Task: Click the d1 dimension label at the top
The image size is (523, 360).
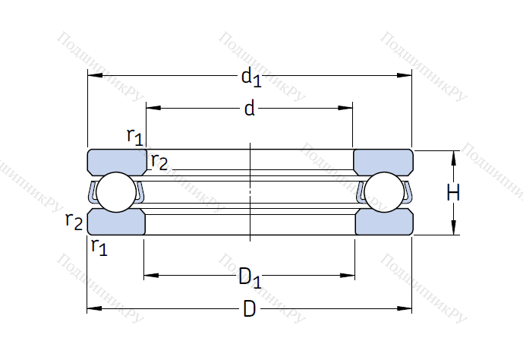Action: tap(250, 77)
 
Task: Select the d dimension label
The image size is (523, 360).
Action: tap(249, 109)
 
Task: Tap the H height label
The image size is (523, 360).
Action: tap(453, 194)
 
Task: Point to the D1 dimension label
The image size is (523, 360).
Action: tap(250, 278)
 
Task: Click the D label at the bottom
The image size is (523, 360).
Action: tap(249, 310)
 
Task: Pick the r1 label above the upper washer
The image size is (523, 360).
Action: tap(134, 137)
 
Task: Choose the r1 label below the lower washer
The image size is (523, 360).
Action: tap(99, 246)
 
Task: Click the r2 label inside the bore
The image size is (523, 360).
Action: tap(159, 161)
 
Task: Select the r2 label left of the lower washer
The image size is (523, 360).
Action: tap(74, 221)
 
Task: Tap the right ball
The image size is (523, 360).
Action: tap(383, 193)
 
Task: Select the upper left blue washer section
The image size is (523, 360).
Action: tap(118, 162)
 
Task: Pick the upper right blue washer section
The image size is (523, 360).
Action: tap(383, 162)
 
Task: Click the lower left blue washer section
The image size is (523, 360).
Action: tap(117, 222)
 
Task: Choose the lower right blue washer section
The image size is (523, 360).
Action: tap(383, 222)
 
